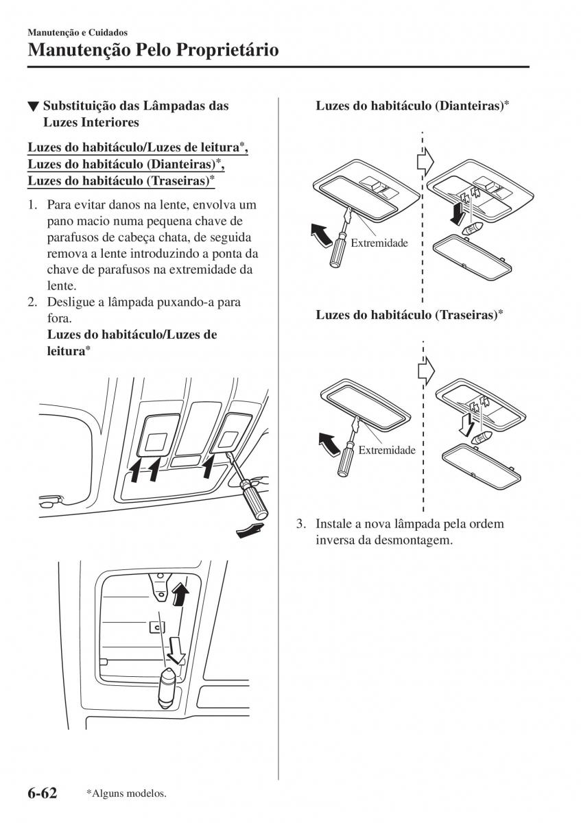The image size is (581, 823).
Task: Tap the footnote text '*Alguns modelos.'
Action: pyautogui.click(x=126, y=794)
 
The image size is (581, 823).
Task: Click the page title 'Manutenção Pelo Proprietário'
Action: pyautogui.click(x=154, y=50)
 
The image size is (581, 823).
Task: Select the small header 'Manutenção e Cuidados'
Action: pyautogui.click(x=78, y=32)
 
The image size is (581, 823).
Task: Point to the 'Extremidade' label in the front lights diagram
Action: pyautogui.click(x=379, y=243)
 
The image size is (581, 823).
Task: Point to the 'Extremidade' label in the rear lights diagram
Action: pyautogui.click(x=387, y=450)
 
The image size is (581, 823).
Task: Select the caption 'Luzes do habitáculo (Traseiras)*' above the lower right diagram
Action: pyautogui.click(x=410, y=315)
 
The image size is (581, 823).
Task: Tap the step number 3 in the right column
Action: pyautogui.click(x=300, y=524)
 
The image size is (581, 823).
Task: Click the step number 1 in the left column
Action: pyautogui.click(x=32, y=205)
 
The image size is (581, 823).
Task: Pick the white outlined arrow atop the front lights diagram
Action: pyautogui.click(x=426, y=161)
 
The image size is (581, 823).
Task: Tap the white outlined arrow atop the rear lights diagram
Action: pyautogui.click(x=426, y=368)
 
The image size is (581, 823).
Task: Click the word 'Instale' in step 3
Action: pyautogui.click(x=332, y=524)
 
